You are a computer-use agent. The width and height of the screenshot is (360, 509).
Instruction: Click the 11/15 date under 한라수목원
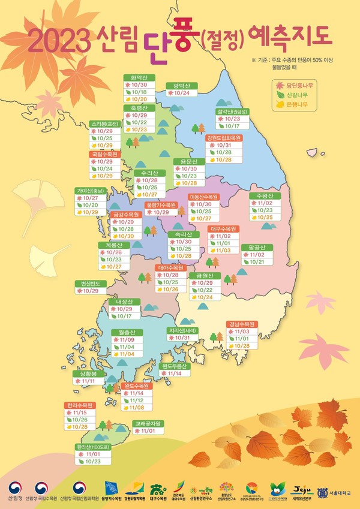(x=79, y=412)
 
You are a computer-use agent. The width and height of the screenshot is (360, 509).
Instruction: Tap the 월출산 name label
(x=128, y=332)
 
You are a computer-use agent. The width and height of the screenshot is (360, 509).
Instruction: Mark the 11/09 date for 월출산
(x=128, y=340)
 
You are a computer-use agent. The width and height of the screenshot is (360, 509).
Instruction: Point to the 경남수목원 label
(x=242, y=324)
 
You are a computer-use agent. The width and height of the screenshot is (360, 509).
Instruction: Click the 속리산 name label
(x=183, y=234)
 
